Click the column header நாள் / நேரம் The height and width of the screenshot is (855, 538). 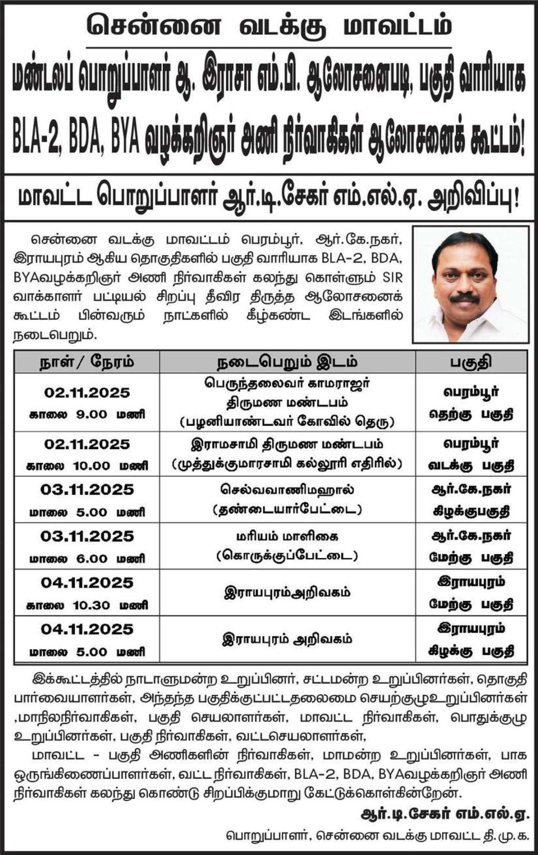86,362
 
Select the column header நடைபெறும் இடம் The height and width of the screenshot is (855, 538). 287,362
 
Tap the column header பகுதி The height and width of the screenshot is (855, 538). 471,362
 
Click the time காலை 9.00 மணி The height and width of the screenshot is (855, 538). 88,414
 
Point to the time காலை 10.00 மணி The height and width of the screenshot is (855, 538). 88,466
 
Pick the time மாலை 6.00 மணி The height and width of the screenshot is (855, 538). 88,559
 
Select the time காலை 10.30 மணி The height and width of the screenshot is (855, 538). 88,605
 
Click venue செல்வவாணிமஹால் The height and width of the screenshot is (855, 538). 287,489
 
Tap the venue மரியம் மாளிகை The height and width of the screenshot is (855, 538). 287,536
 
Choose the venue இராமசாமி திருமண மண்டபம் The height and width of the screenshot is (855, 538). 287,444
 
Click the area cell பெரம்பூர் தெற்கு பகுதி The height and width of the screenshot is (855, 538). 471,403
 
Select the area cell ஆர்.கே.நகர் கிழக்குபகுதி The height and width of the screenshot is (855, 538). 471,500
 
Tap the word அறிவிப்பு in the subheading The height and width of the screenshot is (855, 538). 473,198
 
